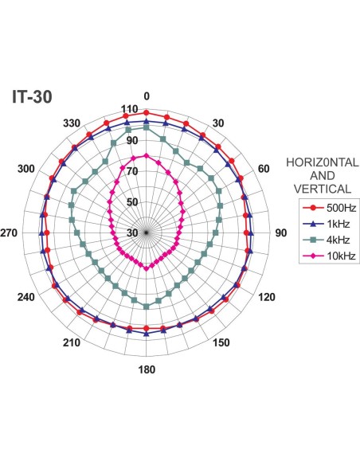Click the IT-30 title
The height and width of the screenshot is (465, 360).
point(32,96)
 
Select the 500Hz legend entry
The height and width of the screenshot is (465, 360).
point(329,208)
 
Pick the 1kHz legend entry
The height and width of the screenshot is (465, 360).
point(327,224)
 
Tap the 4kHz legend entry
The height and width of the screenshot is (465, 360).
point(327,240)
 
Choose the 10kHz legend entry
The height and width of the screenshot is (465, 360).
point(329,256)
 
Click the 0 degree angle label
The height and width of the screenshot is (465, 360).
point(147,96)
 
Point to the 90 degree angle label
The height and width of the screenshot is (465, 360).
point(281,232)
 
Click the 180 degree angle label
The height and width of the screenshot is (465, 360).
point(147,369)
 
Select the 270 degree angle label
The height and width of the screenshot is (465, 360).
point(9,232)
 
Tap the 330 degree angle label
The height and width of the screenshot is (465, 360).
point(72,123)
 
